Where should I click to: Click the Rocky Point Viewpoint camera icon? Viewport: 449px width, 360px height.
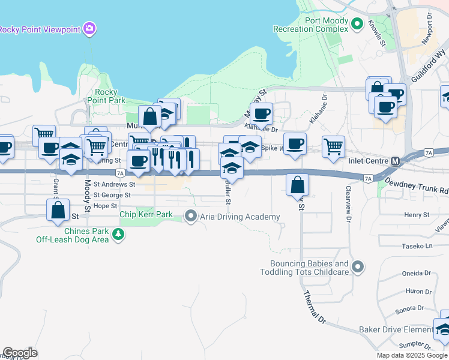[x=90, y=28]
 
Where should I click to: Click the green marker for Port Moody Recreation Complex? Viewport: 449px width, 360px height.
[x=357, y=25]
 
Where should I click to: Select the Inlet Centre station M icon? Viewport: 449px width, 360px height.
[x=395, y=161]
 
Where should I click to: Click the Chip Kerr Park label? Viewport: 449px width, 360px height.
[x=146, y=214]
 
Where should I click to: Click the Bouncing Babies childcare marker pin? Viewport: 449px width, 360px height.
[x=358, y=266]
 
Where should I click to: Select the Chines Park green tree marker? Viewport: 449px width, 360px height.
[x=119, y=234]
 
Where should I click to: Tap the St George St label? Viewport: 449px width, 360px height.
[x=112, y=195]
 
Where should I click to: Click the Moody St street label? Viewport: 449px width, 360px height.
[x=87, y=196]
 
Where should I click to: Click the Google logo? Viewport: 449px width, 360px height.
[x=20, y=353]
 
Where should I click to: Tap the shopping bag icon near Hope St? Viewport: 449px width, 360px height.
[x=58, y=211]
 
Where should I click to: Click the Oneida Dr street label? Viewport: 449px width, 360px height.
[x=418, y=273]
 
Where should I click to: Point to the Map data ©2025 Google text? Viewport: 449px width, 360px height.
[x=411, y=355]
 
